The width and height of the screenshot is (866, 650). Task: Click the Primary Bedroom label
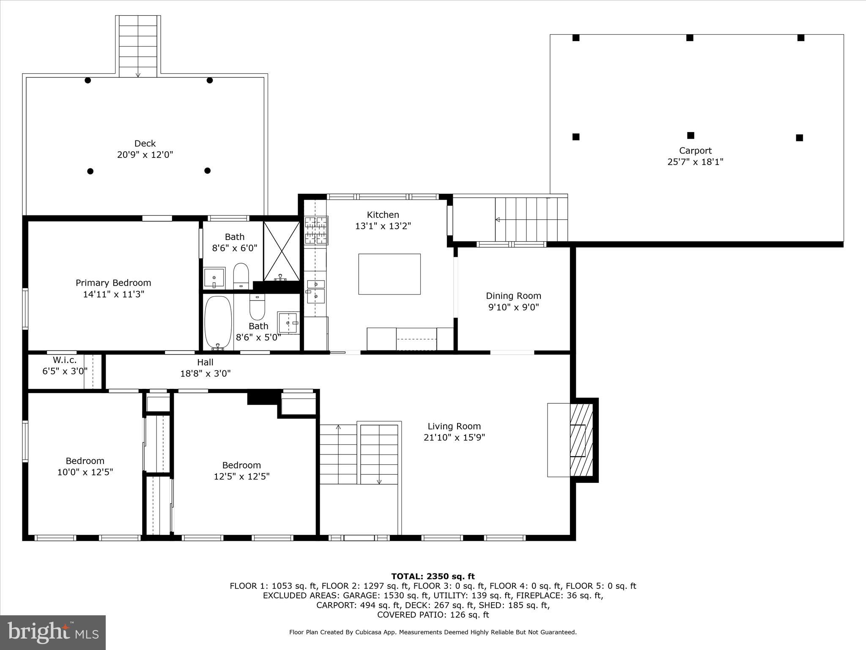click(113, 283)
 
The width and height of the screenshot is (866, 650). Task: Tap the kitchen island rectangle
click(389, 274)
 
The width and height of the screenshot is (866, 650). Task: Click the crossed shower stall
click(281, 251)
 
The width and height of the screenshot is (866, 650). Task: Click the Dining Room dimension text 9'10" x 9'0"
click(513, 307)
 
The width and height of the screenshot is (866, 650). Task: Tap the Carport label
click(695, 151)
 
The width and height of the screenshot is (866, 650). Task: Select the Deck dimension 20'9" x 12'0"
click(145, 155)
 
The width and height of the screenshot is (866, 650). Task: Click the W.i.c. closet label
click(65, 360)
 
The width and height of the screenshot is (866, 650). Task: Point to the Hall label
click(205, 362)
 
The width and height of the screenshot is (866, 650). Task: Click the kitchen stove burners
click(316, 230)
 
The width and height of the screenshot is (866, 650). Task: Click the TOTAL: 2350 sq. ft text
click(433, 576)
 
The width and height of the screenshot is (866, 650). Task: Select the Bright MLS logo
click(53, 632)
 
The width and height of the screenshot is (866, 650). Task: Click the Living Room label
click(454, 426)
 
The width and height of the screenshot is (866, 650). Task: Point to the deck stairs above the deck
click(138, 47)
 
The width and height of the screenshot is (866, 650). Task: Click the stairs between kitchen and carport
click(531, 219)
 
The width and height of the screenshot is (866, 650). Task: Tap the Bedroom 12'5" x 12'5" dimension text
click(241, 476)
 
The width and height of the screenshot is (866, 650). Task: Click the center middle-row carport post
click(691, 135)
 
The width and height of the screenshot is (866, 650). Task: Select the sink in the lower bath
click(288, 322)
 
